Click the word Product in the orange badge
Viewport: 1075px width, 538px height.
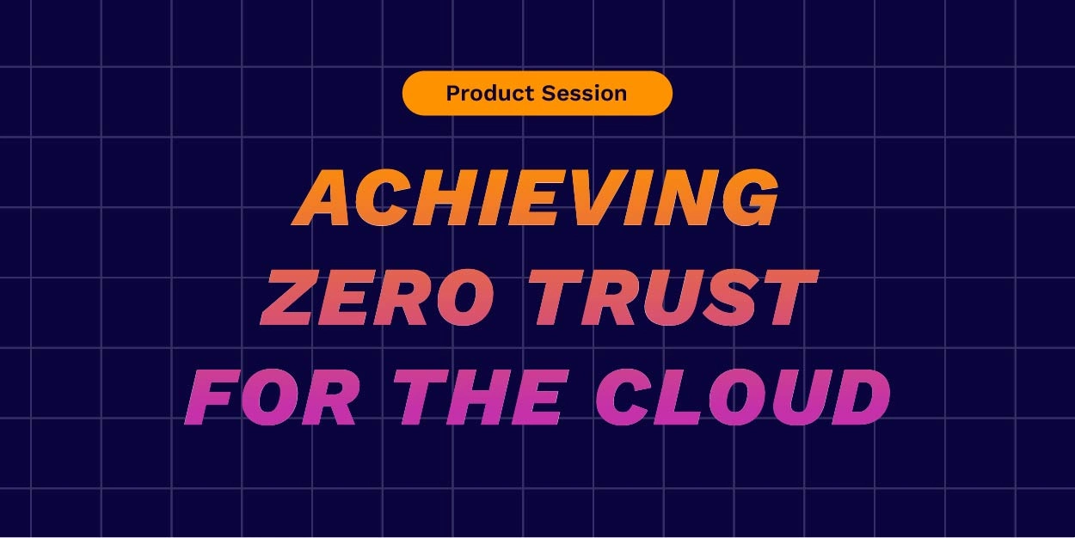pos(486,94)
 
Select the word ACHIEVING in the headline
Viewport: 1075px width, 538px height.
pos(537,199)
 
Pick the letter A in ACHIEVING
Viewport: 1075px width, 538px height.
pos(328,199)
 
